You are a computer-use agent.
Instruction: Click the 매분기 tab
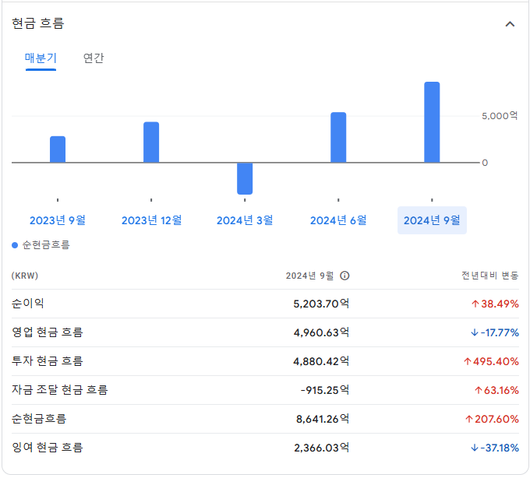(41, 58)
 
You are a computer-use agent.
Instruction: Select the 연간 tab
(94, 58)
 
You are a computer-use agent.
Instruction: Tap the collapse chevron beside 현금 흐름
(510, 24)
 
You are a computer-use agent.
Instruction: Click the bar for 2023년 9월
(58, 149)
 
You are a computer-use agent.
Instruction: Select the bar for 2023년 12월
(151, 142)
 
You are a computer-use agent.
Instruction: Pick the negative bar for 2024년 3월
(245, 178)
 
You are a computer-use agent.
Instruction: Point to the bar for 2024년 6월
(338, 138)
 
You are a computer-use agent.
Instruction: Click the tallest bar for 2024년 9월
(432, 122)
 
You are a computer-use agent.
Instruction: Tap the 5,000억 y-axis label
(499, 116)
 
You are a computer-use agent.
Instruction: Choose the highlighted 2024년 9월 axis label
(432, 220)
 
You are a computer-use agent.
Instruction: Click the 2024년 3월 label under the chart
(245, 220)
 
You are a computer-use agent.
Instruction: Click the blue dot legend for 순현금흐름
(15, 245)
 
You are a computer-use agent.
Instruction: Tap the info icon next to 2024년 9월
(344, 276)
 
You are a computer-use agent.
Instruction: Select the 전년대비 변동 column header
(489, 276)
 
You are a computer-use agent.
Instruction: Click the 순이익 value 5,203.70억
(321, 304)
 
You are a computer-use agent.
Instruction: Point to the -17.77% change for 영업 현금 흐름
(495, 332)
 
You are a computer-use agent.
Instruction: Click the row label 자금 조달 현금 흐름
(59, 390)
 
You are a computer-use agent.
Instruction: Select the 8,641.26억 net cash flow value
(322, 419)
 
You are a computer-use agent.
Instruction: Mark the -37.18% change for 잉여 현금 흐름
(495, 448)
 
